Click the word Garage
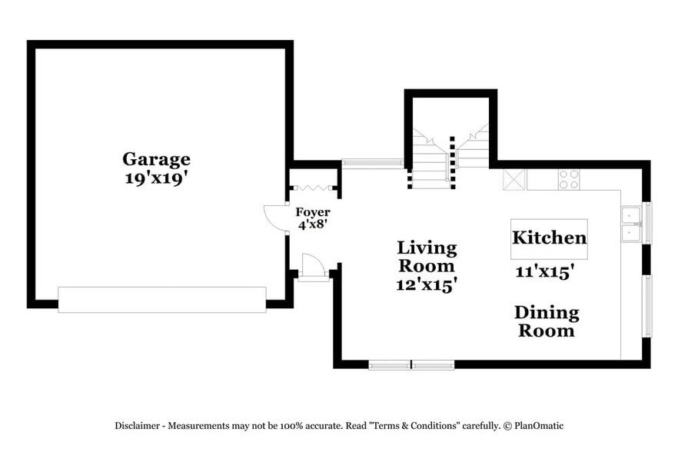(x=156, y=159)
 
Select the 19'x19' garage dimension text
(x=156, y=179)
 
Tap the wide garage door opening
(x=162, y=300)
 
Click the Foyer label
(x=313, y=212)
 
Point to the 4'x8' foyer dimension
(x=313, y=225)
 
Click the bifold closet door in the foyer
(x=314, y=188)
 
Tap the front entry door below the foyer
(x=313, y=268)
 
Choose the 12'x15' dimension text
(x=427, y=284)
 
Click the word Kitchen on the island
(x=549, y=238)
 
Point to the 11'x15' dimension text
(x=545, y=271)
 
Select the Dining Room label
(x=546, y=322)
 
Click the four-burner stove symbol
(x=569, y=180)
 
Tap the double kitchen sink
(x=630, y=224)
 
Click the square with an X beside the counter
(x=513, y=180)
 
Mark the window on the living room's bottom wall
(x=411, y=364)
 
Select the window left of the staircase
(x=372, y=163)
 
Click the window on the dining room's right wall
(x=646, y=306)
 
